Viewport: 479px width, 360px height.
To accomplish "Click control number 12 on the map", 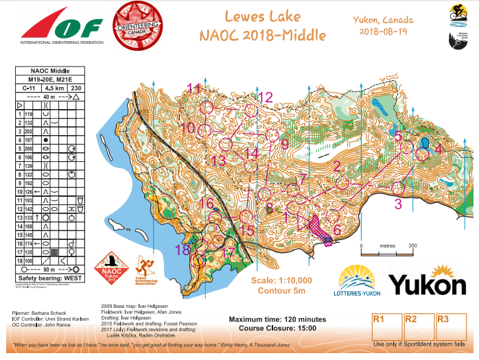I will coord(265,97).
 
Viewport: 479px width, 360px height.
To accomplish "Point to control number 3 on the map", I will coord(397,203).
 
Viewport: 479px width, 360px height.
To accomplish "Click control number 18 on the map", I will coord(182,250).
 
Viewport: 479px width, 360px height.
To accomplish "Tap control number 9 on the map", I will coord(285,144).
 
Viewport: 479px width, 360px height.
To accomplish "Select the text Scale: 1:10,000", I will coord(281,280).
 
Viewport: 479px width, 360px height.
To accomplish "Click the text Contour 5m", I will coord(281,290).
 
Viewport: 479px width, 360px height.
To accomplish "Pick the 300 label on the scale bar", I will coord(413,245).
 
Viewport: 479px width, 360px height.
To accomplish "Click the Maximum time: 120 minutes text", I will coord(277,320).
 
